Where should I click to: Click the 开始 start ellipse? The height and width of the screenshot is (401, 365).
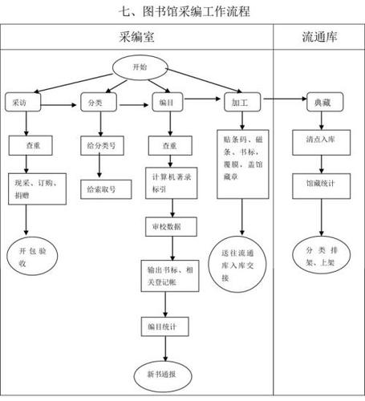(138, 68)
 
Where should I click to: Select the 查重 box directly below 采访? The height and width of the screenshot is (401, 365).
(30, 146)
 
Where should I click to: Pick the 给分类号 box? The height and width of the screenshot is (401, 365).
(100, 146)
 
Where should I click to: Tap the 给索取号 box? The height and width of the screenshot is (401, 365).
(100, 189)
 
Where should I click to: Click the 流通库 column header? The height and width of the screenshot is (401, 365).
(318, 36)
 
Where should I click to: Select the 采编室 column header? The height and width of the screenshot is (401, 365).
(137, 36)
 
